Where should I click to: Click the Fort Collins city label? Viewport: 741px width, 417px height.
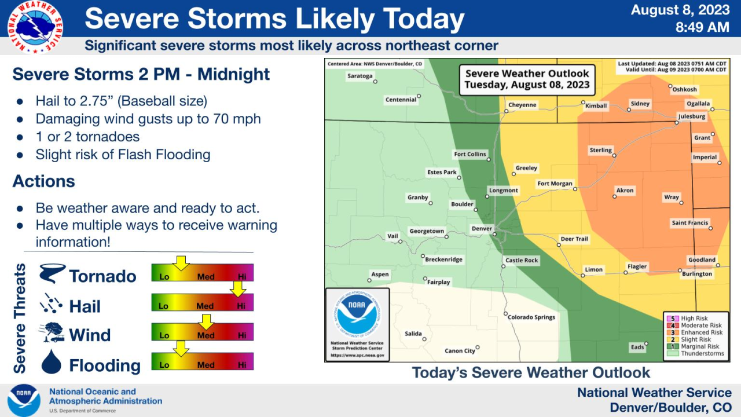coord(470,155)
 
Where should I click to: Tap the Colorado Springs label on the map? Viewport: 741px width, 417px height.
coord(531,317)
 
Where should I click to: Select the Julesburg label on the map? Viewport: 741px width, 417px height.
coord(691,116)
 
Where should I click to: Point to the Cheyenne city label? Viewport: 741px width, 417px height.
coord(522,105)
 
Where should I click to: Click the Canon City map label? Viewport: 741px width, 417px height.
coord(460,351)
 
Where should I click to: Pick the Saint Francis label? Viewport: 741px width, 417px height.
coord(689,223)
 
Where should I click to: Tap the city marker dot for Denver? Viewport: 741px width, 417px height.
coord(495,235)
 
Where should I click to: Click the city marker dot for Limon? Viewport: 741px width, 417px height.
coord(583,275)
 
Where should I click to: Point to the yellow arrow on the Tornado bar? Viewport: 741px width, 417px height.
coord(181,263)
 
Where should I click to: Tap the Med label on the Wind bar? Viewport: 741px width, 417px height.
coord(206,336)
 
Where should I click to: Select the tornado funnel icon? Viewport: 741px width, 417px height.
coord(52,273)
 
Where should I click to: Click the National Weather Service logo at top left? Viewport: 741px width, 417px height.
coord(35,27)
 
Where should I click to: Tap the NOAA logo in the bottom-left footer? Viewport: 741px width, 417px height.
coord(24,400)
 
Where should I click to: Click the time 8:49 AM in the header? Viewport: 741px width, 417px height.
coord(702,27)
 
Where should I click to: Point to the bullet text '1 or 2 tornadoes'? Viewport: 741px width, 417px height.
coord(87,137)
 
